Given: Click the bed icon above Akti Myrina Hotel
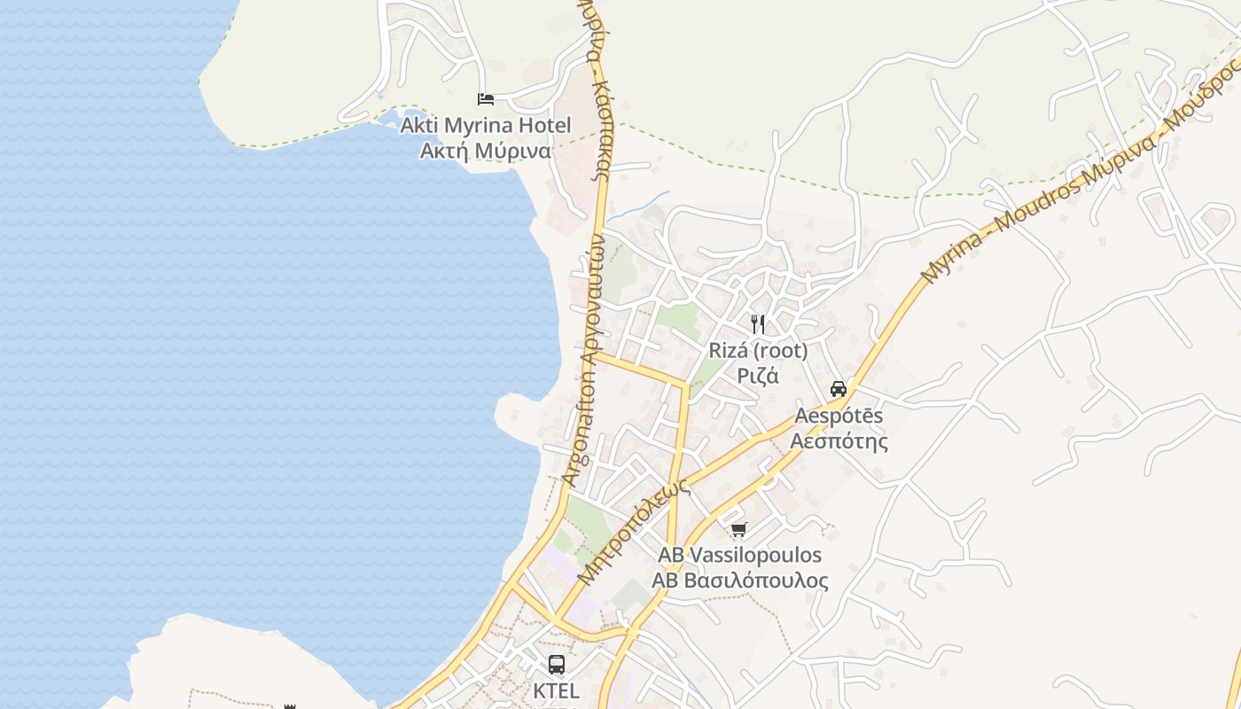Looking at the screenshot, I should [485, 99].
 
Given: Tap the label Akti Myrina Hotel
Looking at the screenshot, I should [486, 125].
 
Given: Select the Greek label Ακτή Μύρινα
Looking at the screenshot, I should [485, 151].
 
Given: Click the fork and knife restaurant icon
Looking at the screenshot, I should [758, 324].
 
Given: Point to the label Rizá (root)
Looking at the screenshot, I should [758, 351].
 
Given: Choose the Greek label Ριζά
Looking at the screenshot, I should [758, 376].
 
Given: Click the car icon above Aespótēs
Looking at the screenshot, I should [839, 389].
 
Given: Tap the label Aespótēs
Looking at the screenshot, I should [839, 416].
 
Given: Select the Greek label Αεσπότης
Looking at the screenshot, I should [839, 440].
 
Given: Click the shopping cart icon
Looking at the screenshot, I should [738, 530].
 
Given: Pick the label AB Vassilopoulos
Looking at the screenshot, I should [739, 556].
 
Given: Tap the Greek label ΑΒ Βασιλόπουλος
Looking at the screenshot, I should [739, 580].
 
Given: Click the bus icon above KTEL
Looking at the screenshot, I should [557, 665].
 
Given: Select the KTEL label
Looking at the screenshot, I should [557, 690].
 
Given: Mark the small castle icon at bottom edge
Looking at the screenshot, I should [289, 705].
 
